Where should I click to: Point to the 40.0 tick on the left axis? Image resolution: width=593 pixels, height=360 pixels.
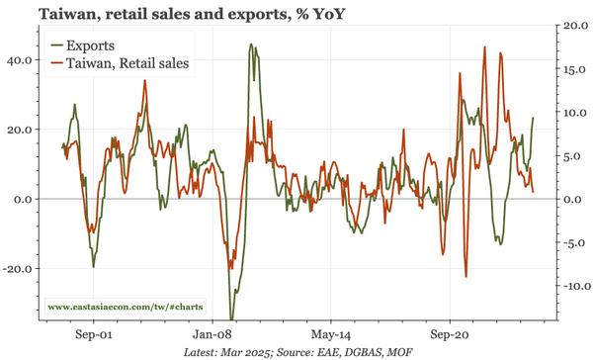(x=19, y=59)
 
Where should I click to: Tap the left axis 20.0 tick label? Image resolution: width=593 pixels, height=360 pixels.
(x=19, y=130)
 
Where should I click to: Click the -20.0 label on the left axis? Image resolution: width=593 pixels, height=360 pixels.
(x=17, y=268)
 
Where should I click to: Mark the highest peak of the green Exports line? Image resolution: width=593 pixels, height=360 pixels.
(x=251, y=45)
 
